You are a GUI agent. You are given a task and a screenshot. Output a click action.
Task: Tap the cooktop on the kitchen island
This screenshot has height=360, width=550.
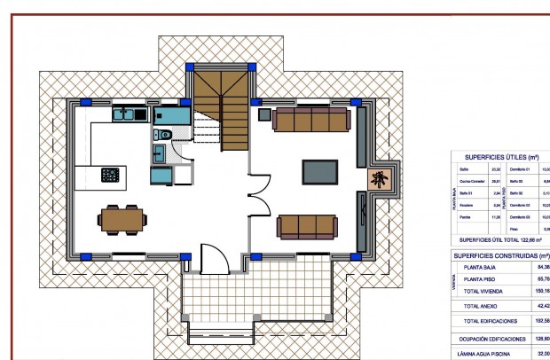[x=111, y=174]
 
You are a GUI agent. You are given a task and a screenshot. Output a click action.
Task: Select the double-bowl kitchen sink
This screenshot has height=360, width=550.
[x=129, y=113]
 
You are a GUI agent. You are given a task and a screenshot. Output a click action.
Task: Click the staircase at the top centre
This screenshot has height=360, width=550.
[x=220, y=111]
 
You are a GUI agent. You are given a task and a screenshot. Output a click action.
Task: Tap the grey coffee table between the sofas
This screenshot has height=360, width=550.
[x=320, y=171]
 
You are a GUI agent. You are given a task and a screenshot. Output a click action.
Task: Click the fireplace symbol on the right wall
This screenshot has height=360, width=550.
[x=381, y=180]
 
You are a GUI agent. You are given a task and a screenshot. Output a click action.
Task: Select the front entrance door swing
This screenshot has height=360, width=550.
[x=214, y=260]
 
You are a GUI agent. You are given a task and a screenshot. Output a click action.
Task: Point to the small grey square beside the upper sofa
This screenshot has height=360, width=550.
[x=263, y=113]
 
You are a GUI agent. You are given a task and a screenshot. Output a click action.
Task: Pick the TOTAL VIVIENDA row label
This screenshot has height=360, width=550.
[x=484, y=289]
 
